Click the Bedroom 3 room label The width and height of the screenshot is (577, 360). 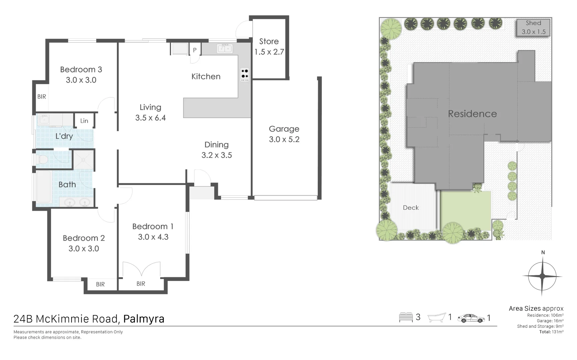(81, 70)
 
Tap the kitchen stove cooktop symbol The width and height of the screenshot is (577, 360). (245, 75)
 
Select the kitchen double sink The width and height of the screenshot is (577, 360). (225, 49)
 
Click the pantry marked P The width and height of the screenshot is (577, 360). (195, 50)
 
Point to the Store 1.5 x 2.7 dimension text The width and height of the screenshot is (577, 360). (269, 52)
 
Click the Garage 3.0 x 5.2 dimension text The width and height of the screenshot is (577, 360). (284, 139)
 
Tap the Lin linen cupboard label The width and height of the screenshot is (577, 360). (84, 121)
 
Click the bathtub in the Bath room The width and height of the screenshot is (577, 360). (43, 187)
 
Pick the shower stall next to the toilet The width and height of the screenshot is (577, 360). (83, 159)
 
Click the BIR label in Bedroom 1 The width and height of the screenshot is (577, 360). (141, 284)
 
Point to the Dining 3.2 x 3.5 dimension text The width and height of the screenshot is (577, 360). (217, 155)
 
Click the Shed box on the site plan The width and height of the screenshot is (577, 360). (533, 28)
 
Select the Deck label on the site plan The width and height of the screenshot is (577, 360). (411, 208)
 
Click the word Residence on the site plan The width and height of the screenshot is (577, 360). (472, 114)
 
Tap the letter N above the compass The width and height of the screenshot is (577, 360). (543, 253)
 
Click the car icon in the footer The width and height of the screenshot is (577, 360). (471, 318)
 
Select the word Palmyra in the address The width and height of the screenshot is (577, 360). (144, 319)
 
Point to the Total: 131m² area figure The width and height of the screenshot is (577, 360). (551, 332)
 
